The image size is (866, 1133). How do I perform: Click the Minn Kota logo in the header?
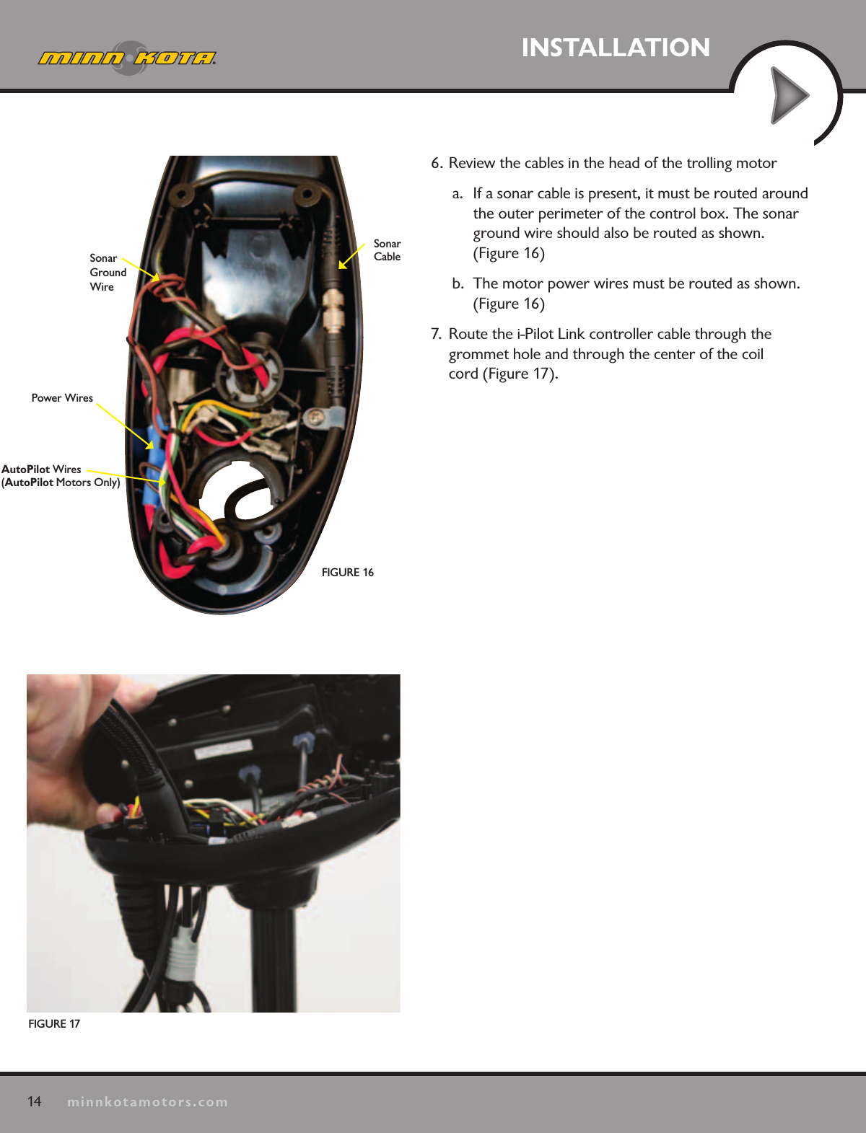[x=127, y=58]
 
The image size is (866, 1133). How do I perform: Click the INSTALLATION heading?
[x=616, y=48]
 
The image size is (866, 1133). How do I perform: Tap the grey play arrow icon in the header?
[x=789, y=95]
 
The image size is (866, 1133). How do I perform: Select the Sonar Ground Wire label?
[x=107, y=272]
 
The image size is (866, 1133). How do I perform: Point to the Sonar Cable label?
[x=387, y=250]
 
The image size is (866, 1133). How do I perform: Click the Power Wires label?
[x=62, y=398]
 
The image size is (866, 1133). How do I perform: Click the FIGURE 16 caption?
[x=347, y=573]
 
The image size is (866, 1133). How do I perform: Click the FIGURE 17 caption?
[x=54, y=1024]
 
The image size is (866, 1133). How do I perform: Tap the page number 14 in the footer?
[x=35, y=1101]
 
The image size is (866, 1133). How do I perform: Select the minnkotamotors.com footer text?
[x=147, y=1102]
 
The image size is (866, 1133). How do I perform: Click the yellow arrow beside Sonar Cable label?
[x=351, y=256]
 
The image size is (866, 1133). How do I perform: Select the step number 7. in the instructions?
[x=436, y=334]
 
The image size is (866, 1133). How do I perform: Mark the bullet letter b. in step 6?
[x=458, y=283]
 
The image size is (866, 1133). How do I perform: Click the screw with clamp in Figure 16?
[x=315, y=416]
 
